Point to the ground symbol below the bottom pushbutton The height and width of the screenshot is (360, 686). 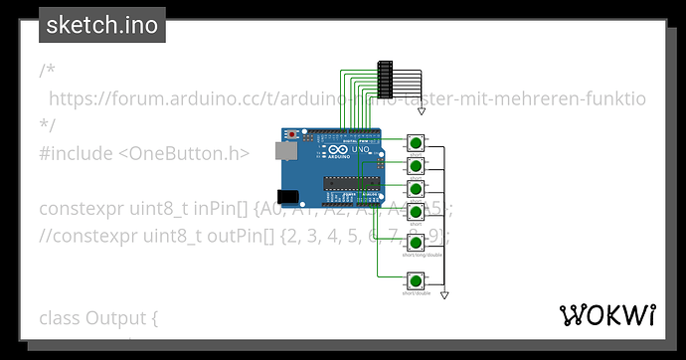445,295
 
